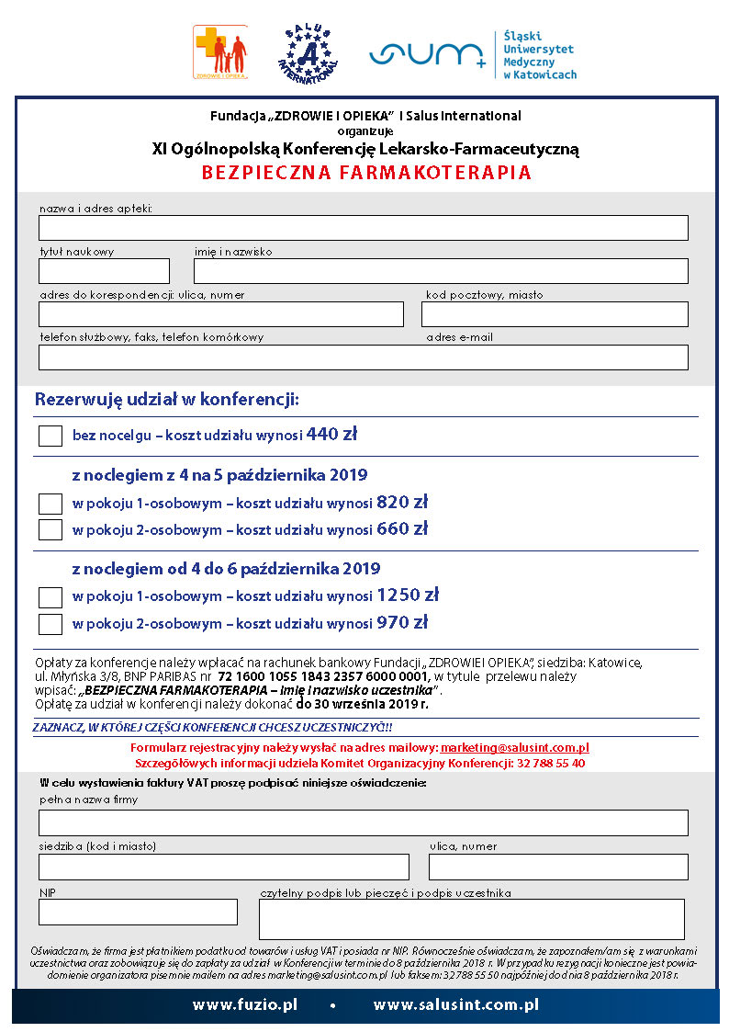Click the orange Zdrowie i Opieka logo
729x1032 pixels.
[x=219, y=51]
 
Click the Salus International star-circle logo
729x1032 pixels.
[x=308, y=52]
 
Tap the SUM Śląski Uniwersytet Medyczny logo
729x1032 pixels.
[x=472, y=54]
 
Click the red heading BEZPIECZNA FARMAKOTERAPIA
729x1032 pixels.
[x=366, y=173]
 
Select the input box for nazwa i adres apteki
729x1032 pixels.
[x=363, y=228]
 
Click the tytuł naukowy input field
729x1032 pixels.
[x=104, y=271]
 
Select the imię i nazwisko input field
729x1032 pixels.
[x=441, y=271]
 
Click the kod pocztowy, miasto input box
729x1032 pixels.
[x=555, y=314]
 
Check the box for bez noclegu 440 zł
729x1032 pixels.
[x=50, y=436]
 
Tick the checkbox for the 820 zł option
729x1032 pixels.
[x=50, y=504]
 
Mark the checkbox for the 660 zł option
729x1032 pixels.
[x=50, y=529]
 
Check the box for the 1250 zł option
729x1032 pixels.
[x=50, y=597]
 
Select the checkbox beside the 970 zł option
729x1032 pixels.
[x=50, y=624]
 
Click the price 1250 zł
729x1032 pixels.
[x=408, y=595]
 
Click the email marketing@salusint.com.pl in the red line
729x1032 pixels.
[x=514, y=748]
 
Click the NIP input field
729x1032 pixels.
[x=138, y=912]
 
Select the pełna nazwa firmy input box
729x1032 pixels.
[x=363, y=822]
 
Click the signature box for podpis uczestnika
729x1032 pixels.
[x=471, y=919]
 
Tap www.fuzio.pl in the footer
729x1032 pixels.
[x=244, y=1005]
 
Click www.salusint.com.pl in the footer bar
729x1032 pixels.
[x=455, y=1005]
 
